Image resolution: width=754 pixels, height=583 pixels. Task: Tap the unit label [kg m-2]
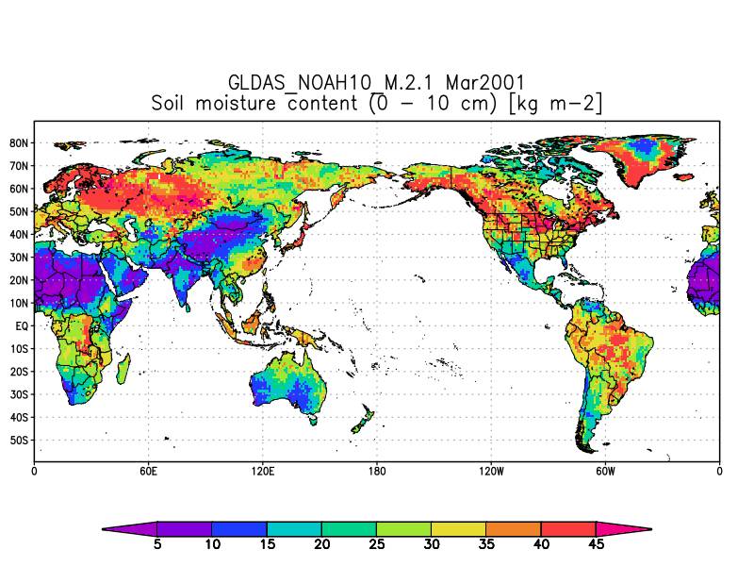pos(555,103)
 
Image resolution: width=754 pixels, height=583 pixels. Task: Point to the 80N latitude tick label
pos(18,143)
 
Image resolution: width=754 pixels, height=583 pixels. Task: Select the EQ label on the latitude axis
pos(21,325)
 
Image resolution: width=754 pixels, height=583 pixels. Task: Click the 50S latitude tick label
pos(18,441)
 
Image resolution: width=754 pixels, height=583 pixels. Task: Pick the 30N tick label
pos(18,258)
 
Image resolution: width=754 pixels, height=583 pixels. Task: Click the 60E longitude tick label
pos(148,471)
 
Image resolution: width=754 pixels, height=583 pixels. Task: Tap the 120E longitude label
pos(262,471)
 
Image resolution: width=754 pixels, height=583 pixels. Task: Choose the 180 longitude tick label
pos(377,471)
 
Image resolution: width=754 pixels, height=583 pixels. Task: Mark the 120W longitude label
pos(490,471)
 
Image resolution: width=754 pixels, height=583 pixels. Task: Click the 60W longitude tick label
pos(605,471)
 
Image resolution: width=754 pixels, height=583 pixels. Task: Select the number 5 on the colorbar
pos(156,544)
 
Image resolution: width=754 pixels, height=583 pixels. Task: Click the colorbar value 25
pos(376,544)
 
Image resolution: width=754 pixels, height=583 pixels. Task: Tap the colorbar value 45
pos(595,544)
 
